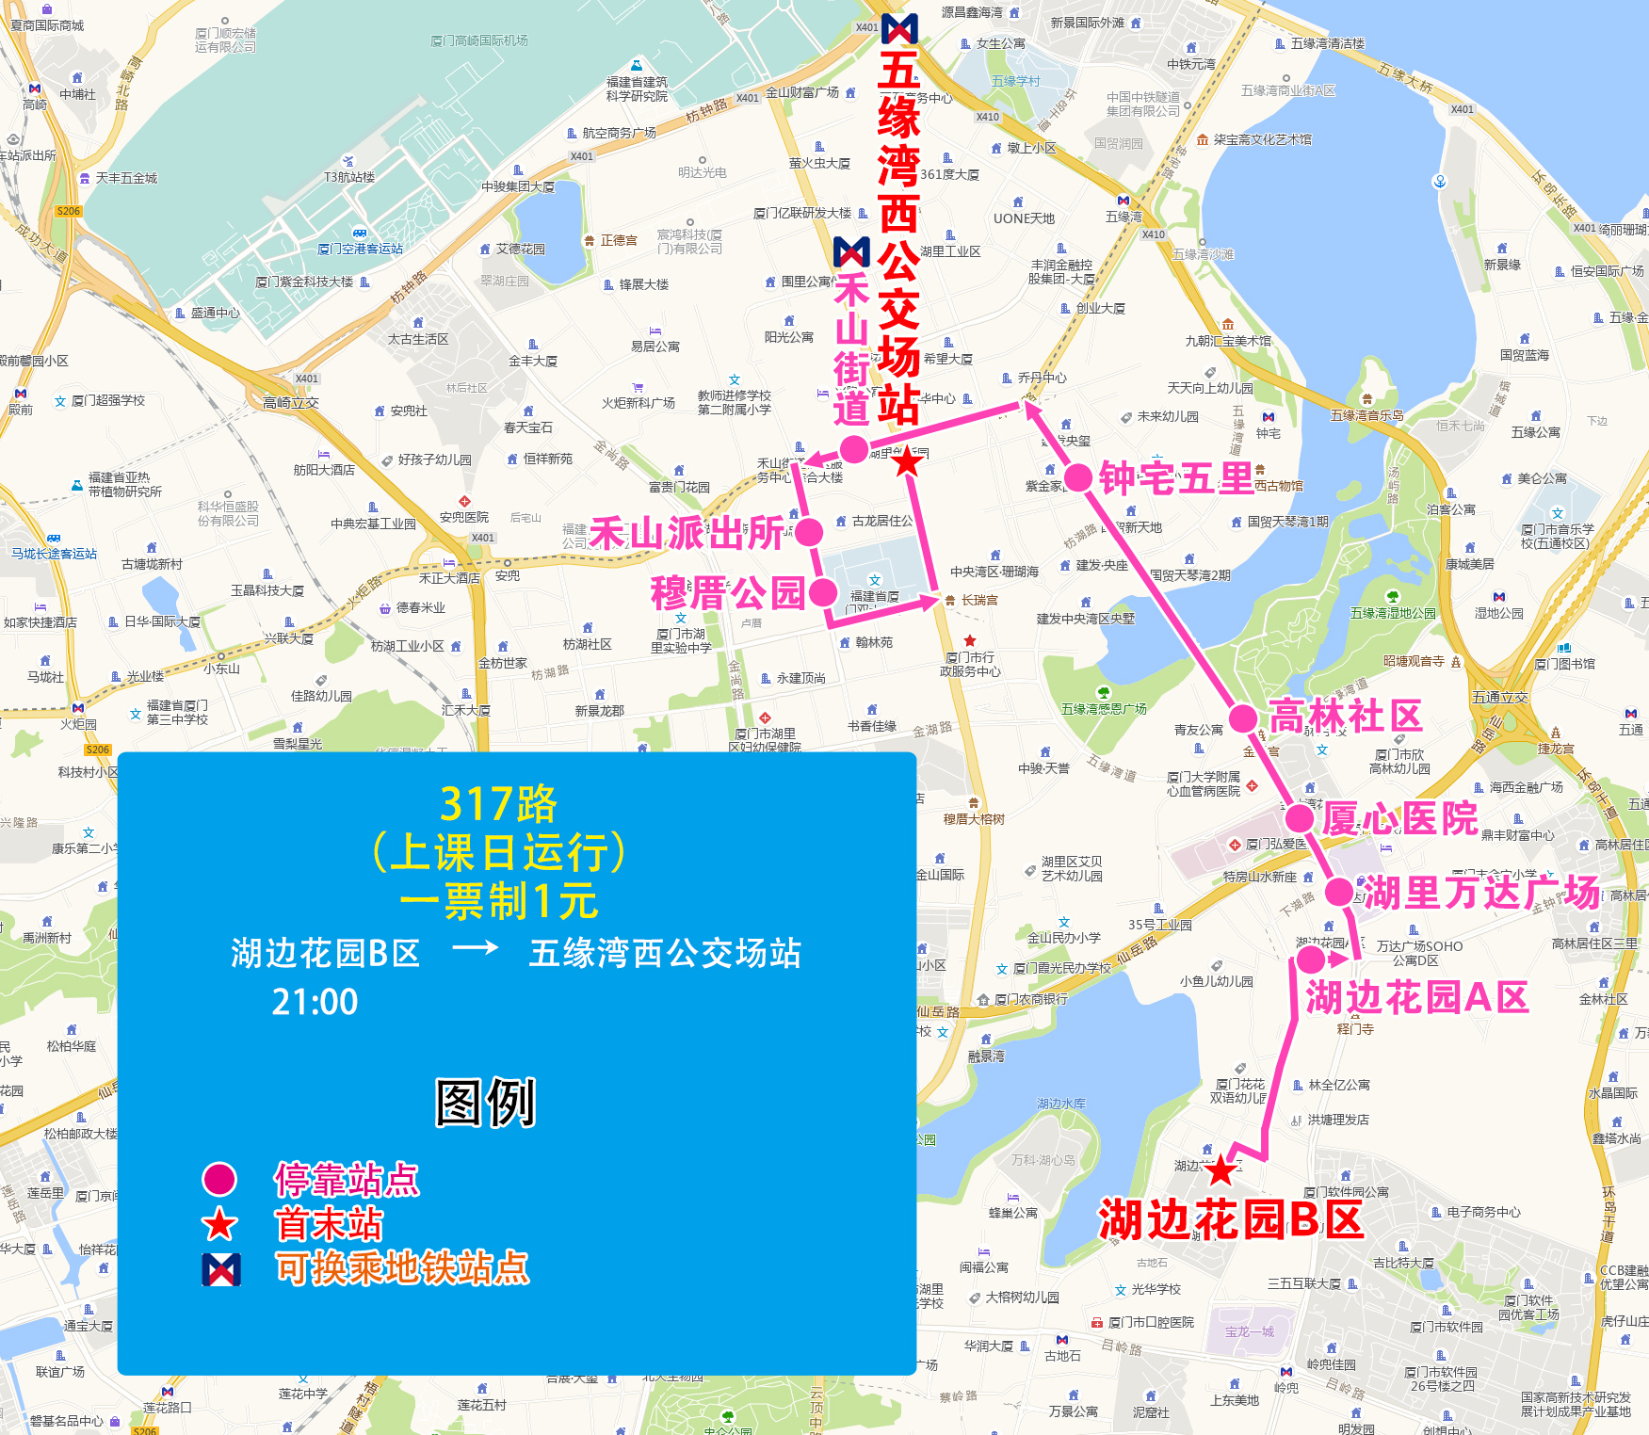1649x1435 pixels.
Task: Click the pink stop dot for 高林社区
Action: click(1243, 718)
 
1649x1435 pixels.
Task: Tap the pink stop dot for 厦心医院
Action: click(1300, 817)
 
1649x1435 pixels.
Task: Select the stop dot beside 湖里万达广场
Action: click(1339, 891)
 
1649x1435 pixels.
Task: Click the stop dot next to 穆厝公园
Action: click(823, 592)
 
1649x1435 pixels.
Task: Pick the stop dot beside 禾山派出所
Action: click(809, 533)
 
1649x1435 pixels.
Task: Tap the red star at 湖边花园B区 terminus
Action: click(1221, 1170)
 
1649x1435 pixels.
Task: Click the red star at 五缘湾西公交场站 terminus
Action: click(907, 461)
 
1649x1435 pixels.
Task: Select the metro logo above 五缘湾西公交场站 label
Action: click(899, 28)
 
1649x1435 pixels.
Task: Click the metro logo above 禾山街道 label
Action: click(851, 251)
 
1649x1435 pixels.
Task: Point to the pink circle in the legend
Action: click(219, 1179)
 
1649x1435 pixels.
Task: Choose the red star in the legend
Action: click(219, 1224)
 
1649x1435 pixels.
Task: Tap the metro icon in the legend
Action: click(221, 1269)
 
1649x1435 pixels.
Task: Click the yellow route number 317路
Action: click(498, 804)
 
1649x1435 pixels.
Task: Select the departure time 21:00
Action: click(315, 1002)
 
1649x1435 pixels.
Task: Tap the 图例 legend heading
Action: click(486, 1102)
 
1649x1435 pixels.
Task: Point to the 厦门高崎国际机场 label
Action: click(478, 40)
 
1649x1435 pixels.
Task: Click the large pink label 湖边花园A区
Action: click(1416, 997)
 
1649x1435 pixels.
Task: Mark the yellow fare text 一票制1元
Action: click(498, 900)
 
